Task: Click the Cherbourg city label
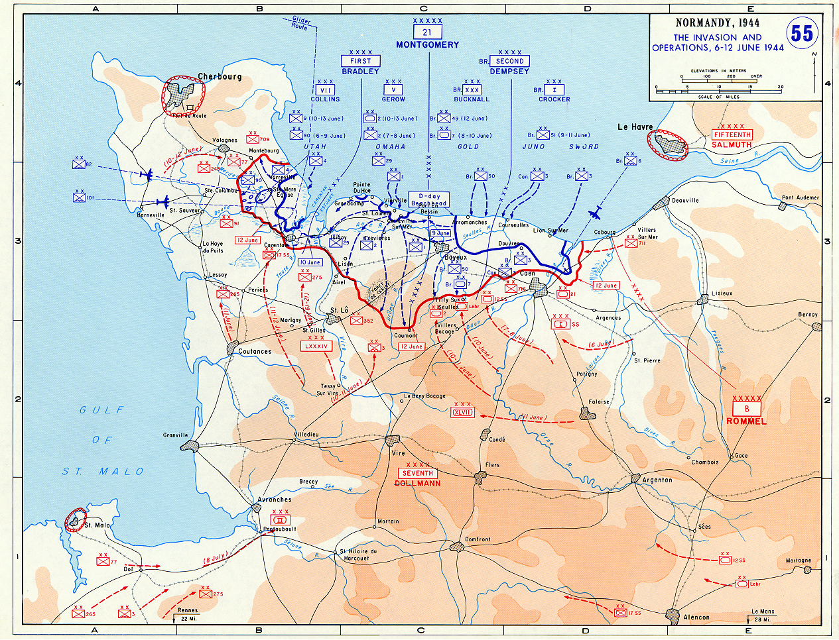pyautogui.click(x=220, y=77)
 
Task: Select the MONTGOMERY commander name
pyautogui.click(x=427, y=45)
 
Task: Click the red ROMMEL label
pyautogui.click(x=746, y=421)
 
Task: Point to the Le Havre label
pyautogui.click(x=635, y=127)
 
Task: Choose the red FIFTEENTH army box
pyautogui.click(x=732, y=135)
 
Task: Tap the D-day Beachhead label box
pyautogui.click(x=429, y=199)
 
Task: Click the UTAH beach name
pyautogui.click(x=315, y=146)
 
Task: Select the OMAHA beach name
pyautogui.click(x=390, y=146)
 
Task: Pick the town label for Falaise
pyautogui.click(x=599, y=402)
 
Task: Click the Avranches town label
pyautogui.click(x=274, y=500)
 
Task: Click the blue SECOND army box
pyautogui.click(x=509, y=61)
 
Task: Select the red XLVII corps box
pyautogui.click(x=462, y=412)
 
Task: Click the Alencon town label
pyautogui.click(x=696, y=617)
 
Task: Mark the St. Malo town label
pyautogui.click(x=97, y=525)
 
